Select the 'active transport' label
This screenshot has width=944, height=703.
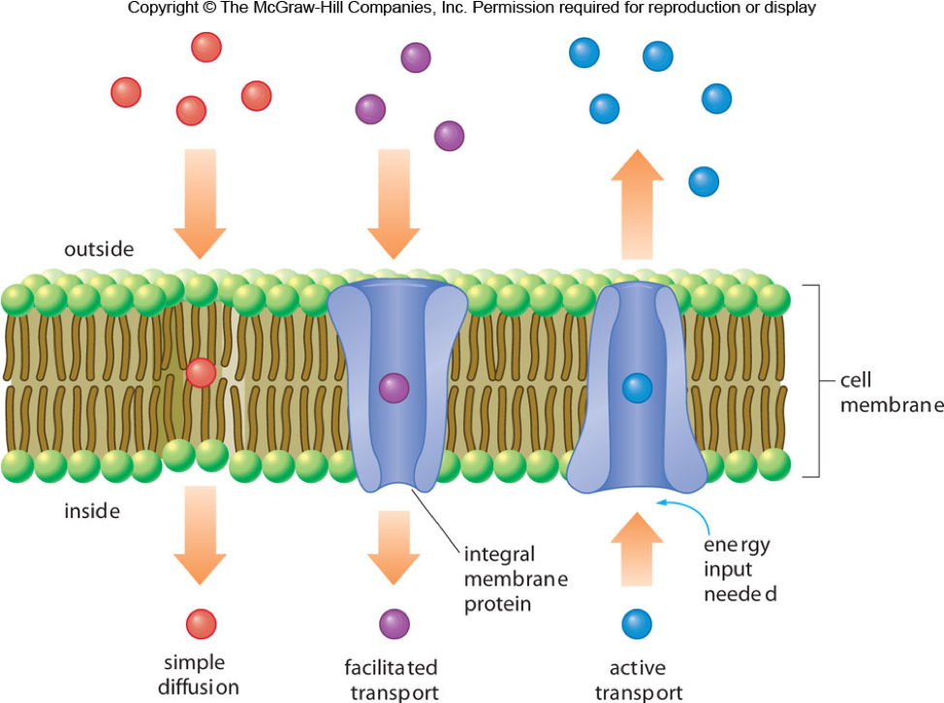click(x=638, y=679)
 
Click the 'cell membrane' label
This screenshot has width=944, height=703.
click(x=890, y=393)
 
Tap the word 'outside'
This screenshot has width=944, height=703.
click(x=99, y=249)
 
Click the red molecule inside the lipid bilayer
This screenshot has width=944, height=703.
click(x=201, y=372)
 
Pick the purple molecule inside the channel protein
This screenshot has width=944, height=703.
click(x=393, y=388)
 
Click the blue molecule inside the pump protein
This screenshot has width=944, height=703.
click(x=637, y=388)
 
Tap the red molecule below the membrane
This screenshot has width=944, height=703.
click(x=201, y=623)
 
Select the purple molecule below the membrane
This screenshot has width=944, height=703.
click(x=393, y=623)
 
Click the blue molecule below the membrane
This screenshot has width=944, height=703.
click(x=637, y=623)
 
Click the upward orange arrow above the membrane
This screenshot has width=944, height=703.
click(x=637, y=204)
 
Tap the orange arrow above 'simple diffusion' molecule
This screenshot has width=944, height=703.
click(x=200, y=546)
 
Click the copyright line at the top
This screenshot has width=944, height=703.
click(x=472, y=8)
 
